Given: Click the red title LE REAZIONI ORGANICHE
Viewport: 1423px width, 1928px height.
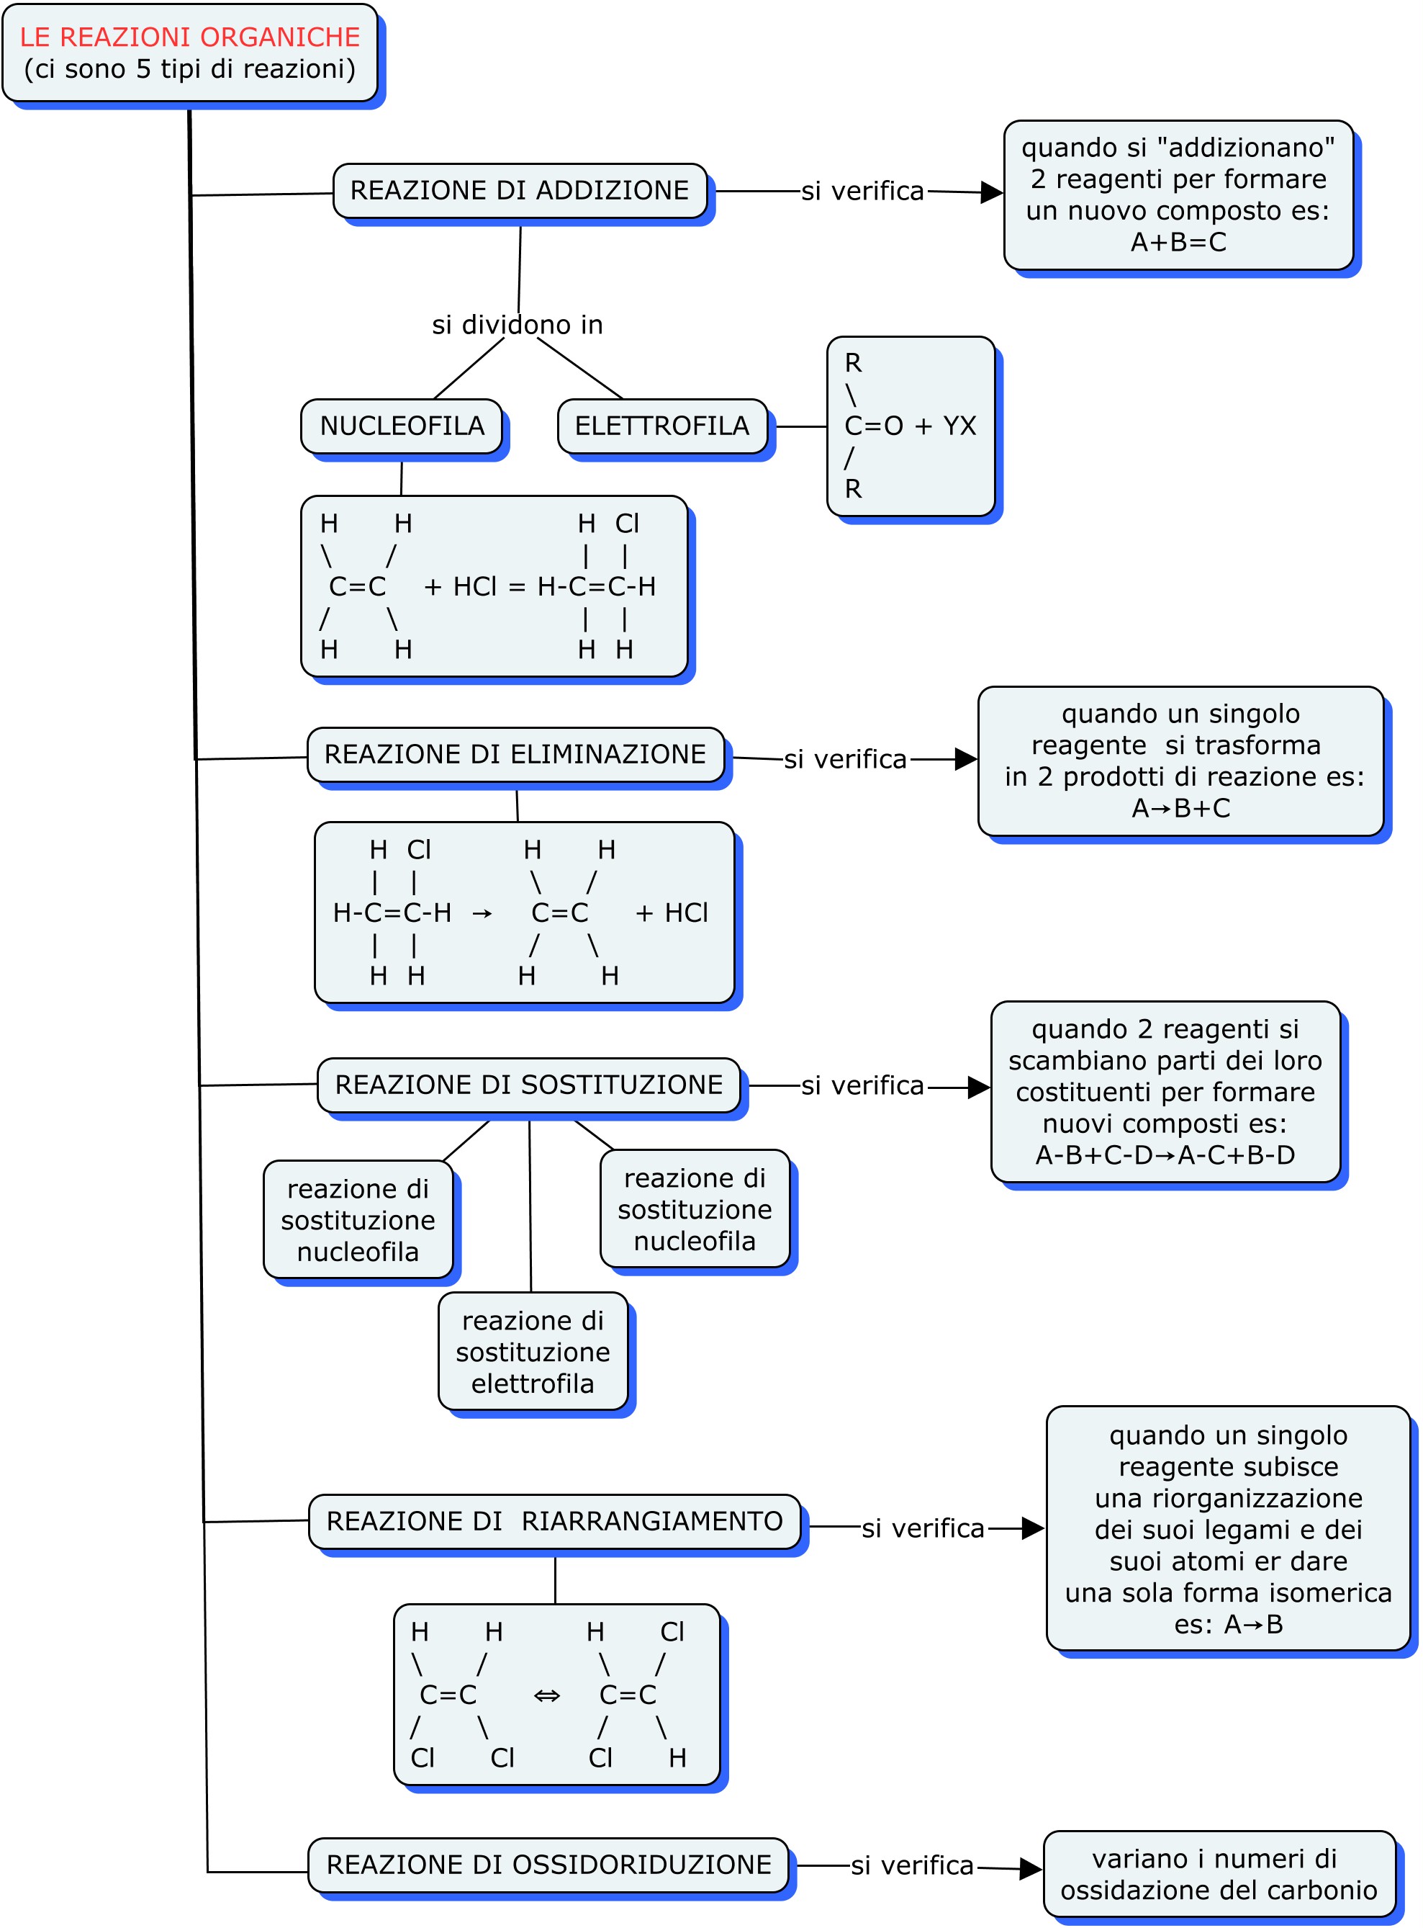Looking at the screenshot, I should (189, 37).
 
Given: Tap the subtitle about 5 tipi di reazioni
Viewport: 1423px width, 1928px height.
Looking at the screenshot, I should (189, 69).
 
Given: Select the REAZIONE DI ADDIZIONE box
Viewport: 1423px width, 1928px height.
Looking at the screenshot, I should (520, 190).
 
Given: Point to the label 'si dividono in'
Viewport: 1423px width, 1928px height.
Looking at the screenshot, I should (517, 325).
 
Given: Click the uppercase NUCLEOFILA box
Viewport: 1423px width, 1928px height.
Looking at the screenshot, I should (402, 426).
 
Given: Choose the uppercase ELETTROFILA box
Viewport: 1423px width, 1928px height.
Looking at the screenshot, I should (661, 426).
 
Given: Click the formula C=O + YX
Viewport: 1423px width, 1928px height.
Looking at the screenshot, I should (910, 426).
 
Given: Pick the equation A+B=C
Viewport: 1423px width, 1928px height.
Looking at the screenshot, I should (1178, 242).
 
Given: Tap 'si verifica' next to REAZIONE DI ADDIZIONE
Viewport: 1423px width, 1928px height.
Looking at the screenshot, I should (862, 192).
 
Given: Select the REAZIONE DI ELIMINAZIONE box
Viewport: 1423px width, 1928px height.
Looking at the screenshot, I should (515, 754).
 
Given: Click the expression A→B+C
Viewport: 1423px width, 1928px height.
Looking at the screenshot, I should (1180, 808).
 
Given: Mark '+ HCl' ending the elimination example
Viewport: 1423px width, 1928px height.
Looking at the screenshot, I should (671, 913).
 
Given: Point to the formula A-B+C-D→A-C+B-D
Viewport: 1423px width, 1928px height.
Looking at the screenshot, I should (1165, 1155).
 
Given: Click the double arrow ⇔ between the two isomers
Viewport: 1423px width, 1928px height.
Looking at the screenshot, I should (547, 1695).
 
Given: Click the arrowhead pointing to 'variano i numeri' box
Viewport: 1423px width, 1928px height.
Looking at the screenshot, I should (1030, 1868).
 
